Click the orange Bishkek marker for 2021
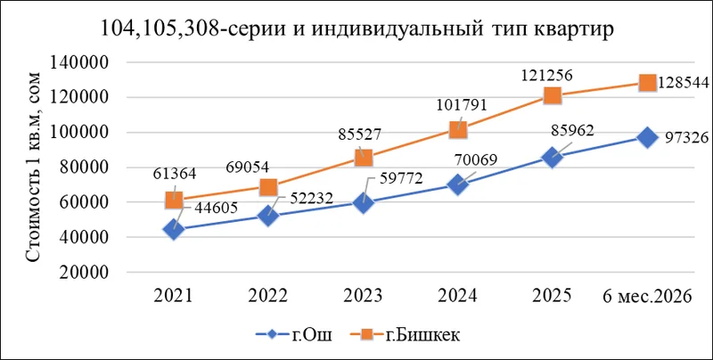[x=174, y=200]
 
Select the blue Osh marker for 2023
[x=363, y=203]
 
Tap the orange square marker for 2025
[x=552, y=96]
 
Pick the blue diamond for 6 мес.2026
[x=647, y=137]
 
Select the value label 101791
[x=461, y=105]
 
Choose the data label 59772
[x=397, y=177]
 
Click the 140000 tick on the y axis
[x=79, y=62]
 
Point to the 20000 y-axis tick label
[x=84, y=273]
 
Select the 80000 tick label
[x=84, y=168]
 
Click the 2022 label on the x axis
[x=268, y=296]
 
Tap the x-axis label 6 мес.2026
[x=648, y=296]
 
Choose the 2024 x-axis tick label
[x=457, y=296]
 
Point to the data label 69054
[x=248, y=167]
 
